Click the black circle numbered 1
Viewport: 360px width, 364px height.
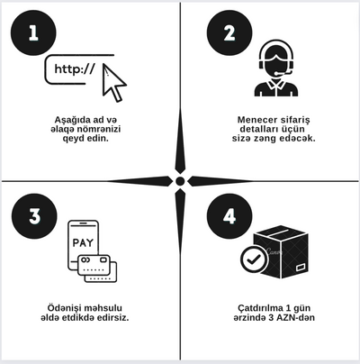tap(34, 34)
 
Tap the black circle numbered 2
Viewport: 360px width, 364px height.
tap(229, 34)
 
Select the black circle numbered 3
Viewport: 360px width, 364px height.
tap(34, 217)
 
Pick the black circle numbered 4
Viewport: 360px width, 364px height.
tap(229, 217)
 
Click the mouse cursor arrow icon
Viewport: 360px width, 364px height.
tap(114, 84)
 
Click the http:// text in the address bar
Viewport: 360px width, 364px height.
tap(75, 68)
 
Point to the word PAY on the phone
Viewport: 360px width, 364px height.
tap(82, 243)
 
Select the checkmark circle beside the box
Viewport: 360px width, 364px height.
tap(252, 260)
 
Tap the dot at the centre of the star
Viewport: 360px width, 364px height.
tap(180, 181)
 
